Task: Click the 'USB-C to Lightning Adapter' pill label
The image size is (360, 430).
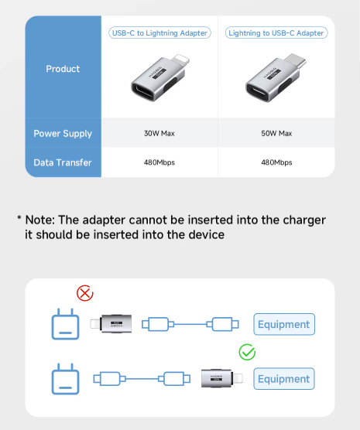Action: point(159,33)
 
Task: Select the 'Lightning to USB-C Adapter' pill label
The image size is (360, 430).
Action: point(276,33)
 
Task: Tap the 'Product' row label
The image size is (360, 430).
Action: point(63,69)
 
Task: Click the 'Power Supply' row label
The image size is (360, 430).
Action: point(63,134)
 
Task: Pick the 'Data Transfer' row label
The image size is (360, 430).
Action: point(63,162)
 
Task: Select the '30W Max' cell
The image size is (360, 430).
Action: point(159,134)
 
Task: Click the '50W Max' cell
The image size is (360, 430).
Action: point(276,134)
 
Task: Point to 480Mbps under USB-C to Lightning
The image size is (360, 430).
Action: point(159,162)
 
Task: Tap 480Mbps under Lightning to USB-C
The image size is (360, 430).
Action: point(276,162)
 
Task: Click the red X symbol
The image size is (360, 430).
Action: point(85,293)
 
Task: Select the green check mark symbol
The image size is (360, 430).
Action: point(247,352)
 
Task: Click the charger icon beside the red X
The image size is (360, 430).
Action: point(65,324)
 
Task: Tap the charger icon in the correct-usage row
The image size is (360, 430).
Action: point(65,379)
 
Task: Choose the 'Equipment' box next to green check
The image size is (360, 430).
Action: point(284,379)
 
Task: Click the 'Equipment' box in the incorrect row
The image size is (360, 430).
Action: point(284,324)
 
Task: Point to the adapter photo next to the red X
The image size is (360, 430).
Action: point(111,324)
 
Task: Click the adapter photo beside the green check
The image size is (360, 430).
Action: point(222,378)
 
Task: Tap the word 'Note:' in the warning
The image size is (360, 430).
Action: point(40,220)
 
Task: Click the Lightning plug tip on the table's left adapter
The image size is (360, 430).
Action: point(180,60)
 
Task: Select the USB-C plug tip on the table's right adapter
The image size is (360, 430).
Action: point(296,60)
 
